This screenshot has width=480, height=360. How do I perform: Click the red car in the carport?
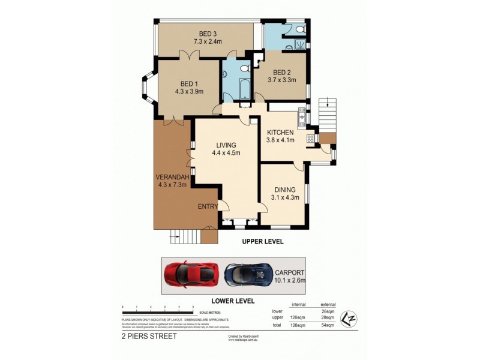pos(189,274)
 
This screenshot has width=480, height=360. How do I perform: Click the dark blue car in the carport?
pos(246,274)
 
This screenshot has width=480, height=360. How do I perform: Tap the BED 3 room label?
pos(208,34)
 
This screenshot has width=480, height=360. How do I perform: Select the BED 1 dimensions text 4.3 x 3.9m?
pos(189,92)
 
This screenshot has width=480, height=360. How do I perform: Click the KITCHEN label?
pos(280,133)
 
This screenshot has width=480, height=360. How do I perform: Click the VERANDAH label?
pos(173,177)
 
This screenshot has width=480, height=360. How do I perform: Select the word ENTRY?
pos(207,206)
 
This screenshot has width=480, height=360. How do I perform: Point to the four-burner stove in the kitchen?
pos(311,139)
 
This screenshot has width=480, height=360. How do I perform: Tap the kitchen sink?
pos(302,118)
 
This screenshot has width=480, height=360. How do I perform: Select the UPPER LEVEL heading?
pos(262,241)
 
